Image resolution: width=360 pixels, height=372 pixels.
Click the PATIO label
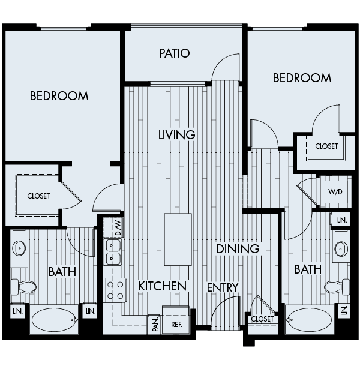click(175, 53)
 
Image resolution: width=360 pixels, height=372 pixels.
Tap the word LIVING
click(177, 134)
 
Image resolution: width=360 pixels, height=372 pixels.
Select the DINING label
click(238, 248)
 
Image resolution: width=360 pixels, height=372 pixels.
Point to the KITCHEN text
click(162, 286)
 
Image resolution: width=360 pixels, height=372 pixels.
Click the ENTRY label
click(223, 288)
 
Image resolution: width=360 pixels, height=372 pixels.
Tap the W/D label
click(334, 193)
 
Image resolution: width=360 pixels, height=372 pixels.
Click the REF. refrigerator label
click(176, 325)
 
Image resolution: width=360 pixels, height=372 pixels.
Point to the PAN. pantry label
click(154, 325)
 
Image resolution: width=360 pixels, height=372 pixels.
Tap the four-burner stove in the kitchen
click(115, 290)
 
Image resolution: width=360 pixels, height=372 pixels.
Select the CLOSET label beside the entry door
click(263, 319)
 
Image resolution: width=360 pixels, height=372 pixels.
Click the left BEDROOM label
click(59, 95)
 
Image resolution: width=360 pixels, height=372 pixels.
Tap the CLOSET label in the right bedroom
click(326, 146)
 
